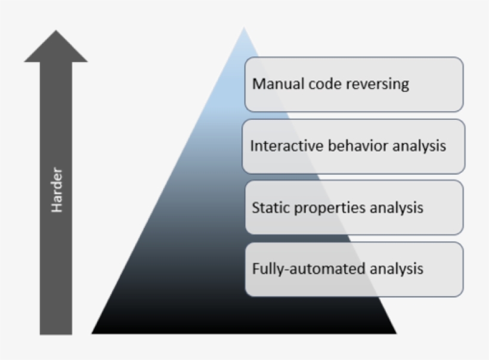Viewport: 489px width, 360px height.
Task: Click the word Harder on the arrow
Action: point(57,191)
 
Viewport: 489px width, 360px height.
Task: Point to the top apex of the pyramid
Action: point(243,28)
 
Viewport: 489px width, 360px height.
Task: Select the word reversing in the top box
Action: point(380,84)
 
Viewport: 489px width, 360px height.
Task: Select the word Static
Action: point(269,208)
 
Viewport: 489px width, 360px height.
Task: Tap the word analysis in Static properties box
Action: point(397,208)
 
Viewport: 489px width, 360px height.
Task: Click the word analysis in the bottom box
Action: point(397,269)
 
